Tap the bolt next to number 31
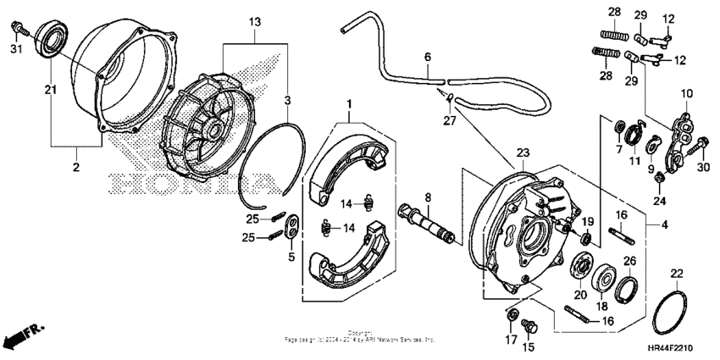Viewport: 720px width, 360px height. pos(19,29)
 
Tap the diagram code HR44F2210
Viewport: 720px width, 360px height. pos(678,346)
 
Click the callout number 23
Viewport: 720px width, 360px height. pos(523,153)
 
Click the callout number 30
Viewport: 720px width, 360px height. pos(702,168)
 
